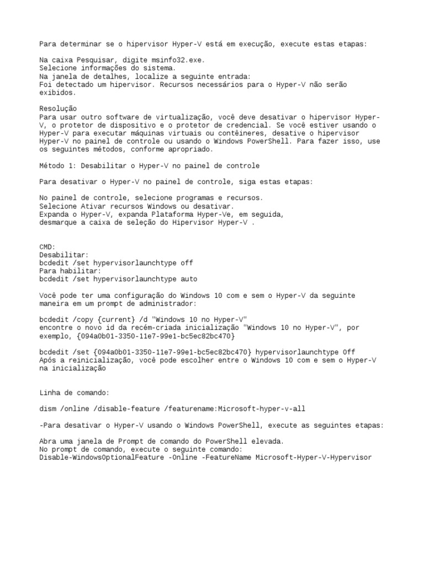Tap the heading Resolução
(58, 108)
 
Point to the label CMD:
(47, 247)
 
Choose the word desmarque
(58, 222)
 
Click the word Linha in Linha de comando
(50, 392)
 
